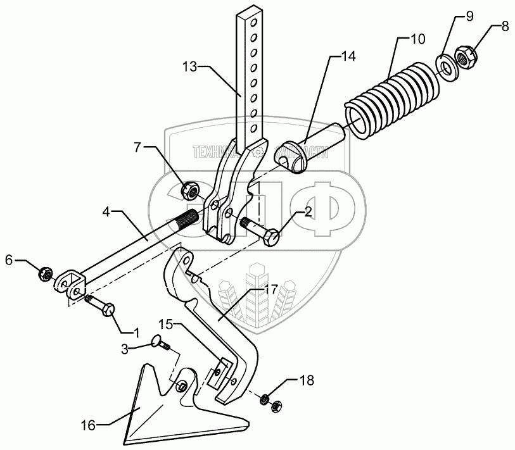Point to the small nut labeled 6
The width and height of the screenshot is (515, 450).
click(x=44, y=273)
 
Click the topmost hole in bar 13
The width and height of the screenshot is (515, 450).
click(x=253, y=23)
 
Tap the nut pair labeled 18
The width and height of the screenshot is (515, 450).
click(x=270, y=403)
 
